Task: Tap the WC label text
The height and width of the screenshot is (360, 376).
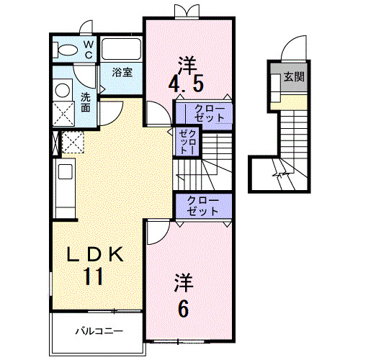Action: (x=87, y=49)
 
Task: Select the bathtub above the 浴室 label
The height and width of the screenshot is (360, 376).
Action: (x=120, y=50)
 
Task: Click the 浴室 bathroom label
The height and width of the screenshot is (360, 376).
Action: (x=121, y=72)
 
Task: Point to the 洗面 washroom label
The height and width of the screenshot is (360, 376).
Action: (x=86, y=102)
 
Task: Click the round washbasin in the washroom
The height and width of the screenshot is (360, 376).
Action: (x=63, y=90)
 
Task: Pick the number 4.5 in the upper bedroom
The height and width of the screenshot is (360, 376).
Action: (x=185, y=84)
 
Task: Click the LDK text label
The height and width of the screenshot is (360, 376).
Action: (x=98, y=254)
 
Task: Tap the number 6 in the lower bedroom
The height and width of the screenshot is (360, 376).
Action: (x=183, y=308)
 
